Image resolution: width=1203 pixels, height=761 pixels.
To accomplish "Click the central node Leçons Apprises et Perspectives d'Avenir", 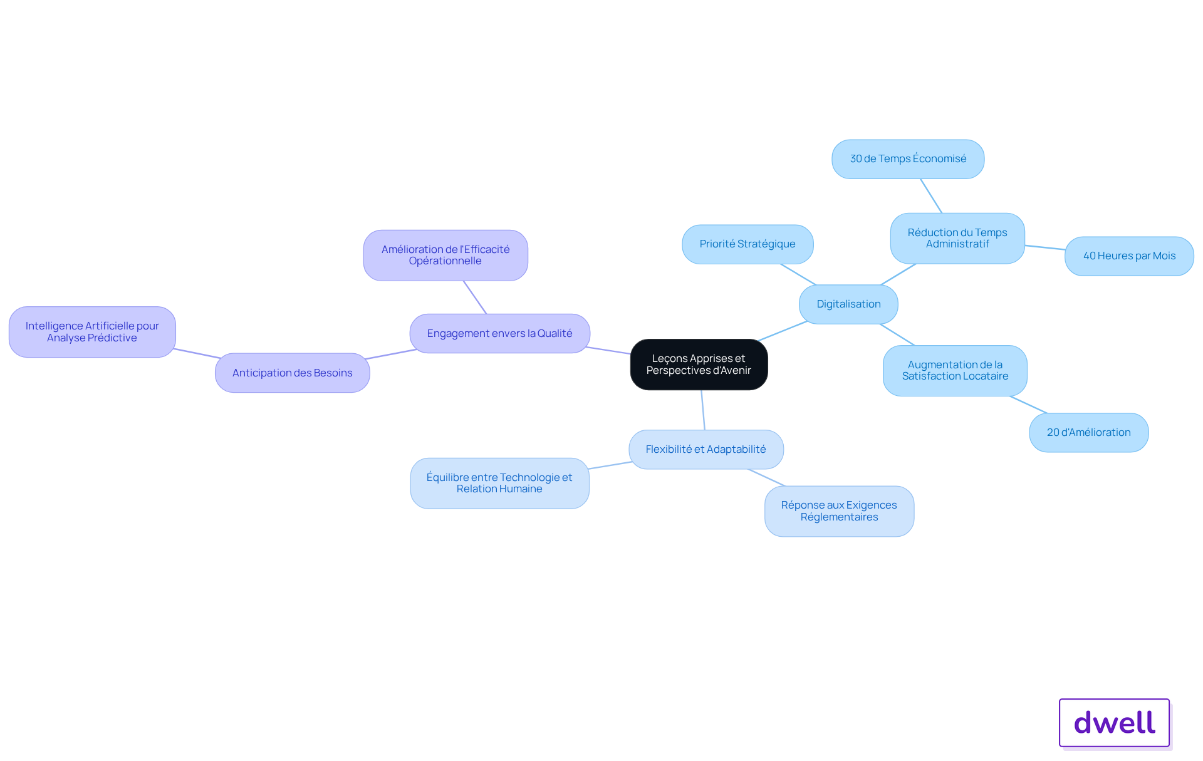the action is [699, 365].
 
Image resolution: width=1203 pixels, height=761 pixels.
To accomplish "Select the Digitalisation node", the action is [848, 304].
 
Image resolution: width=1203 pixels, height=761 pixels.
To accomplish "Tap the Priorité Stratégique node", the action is [747, 244].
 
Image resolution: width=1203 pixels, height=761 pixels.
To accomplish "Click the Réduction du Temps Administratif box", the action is [957, 239].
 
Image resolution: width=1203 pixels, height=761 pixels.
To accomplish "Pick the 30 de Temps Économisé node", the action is [908, 159].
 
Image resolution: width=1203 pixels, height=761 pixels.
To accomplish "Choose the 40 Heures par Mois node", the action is [1129, 256].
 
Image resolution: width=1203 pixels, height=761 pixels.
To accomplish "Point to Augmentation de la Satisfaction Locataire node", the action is [955, 371].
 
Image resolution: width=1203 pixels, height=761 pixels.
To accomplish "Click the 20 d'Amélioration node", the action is [1088, 433].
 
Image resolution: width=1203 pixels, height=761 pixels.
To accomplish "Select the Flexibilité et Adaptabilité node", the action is [706, 450].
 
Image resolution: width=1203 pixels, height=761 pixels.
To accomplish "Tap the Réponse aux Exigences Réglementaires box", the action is [839, 511].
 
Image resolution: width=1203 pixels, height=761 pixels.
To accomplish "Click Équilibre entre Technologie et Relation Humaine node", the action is [499, 484].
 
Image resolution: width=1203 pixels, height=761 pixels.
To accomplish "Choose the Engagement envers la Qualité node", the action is [500, 334].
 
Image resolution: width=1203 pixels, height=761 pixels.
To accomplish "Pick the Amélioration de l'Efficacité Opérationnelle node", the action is [445, 256].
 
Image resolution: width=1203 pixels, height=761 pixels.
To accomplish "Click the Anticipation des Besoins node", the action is [293, 373].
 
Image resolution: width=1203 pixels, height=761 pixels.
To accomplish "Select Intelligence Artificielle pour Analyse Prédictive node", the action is [92, 332].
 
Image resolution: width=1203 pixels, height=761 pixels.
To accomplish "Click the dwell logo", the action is [1114, 723].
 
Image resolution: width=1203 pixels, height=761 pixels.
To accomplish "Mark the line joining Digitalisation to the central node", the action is [783, 331].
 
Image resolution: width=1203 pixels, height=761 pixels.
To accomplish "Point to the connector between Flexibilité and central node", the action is [703, 410].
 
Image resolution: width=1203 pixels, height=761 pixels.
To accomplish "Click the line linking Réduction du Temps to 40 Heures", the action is [1045, 247].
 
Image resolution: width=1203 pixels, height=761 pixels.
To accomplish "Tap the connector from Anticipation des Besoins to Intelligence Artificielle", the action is [197, 353].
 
